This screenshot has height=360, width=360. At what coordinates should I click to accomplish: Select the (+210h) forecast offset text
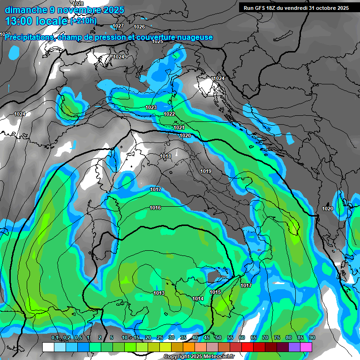click(83, 21)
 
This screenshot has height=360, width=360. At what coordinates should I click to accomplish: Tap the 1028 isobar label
click(78, 4)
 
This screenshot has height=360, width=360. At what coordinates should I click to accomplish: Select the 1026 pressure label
click(139, 27)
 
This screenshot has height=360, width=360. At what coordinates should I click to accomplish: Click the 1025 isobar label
click(157, 42)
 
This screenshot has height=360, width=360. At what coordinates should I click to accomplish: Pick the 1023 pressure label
click(151, 108)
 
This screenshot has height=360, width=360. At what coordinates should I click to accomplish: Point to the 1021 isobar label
click(179, 127)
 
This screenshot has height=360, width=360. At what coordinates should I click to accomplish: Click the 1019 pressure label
click(206, 171)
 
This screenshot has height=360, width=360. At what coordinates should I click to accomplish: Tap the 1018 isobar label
click(165, 156)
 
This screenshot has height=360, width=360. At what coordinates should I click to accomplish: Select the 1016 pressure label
click(156, 208)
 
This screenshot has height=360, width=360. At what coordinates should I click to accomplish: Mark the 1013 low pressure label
click(159, 293)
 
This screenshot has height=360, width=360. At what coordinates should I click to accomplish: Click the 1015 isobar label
click(215, 292)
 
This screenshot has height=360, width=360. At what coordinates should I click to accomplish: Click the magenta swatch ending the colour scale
click(306, 347)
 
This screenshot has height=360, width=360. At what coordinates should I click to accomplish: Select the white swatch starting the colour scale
click(48, 347)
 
